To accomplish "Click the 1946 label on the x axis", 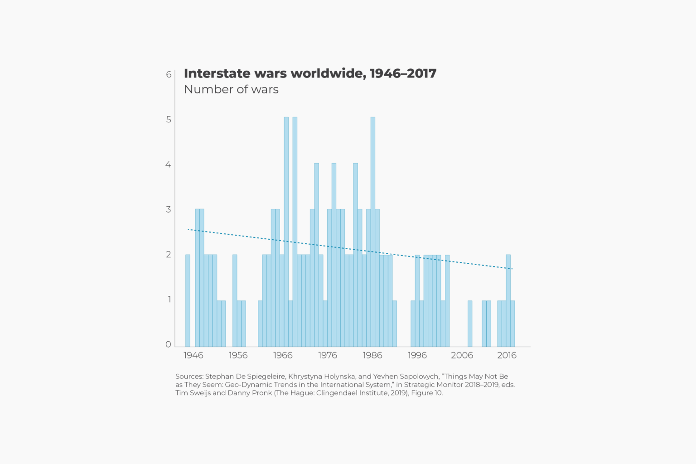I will coord(193,355).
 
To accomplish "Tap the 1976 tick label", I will coord(327,355).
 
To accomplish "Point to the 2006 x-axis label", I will coord(462,355).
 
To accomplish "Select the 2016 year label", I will coord(507,355).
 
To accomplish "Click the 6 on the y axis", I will coord(169,74).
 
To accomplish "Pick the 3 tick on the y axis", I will coord(169,209).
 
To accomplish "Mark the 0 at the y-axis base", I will coord(169,344).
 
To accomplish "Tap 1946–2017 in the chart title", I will coord(403,73).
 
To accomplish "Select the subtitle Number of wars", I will coord(231,89).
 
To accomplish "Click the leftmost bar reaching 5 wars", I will coord(286,231).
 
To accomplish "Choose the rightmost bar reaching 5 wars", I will coord(373,231).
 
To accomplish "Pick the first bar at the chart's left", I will coord(188,300).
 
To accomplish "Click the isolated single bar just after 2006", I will coord(470,324).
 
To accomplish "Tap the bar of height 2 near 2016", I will coord(508,300).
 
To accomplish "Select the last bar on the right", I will coord(512,324).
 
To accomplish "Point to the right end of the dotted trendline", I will coord(512,269).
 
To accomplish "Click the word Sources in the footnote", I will coord(188,377).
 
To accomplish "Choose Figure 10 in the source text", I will coord(426,393).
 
